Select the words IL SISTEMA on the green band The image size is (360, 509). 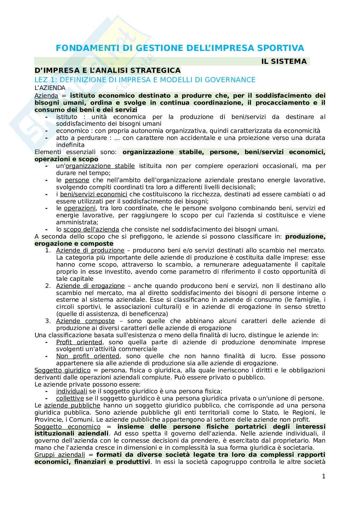pyautogui.click(x=284, y=62)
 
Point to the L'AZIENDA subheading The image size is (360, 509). pyautogui.click(x=50, y=88)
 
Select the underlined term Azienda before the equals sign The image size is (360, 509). pyautogui.click(x=46, y=95)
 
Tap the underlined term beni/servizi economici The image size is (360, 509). pyautogui.click(x=94, y=194)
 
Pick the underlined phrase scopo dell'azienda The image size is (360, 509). pyautogui.click(x=91, y=229)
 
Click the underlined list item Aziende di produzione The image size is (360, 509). pyautogui.click(x=90, y=250)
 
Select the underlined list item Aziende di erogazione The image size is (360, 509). pyautogui.click(x=90, y=286)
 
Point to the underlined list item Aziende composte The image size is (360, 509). pyautogui.click(x=85, y=321)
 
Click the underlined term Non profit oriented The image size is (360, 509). pyautogui.click(x=87, y=356)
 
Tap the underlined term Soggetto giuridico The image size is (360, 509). pyautogui.click(x=62, y=370)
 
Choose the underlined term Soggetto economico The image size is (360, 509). pyautogui.click(x=67, y=426)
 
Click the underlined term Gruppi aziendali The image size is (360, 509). pyautogui.click(x=60, y=455)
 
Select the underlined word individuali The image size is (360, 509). pyautogui.click(x=72, y=391)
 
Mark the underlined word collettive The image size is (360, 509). pyautogui.click(x=70, y=398)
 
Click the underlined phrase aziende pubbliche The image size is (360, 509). pyautogui.click(x=72, y=405)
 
